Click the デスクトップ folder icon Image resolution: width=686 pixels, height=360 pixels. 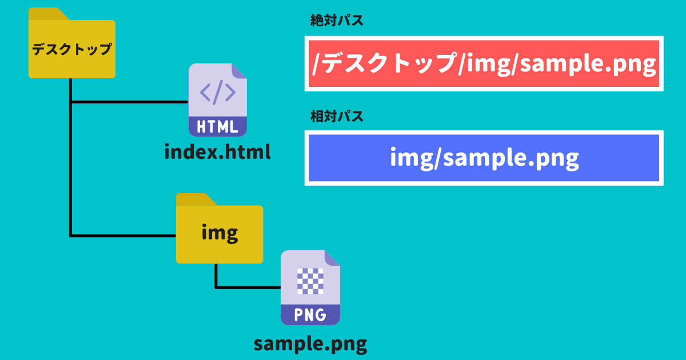tap(72, 43)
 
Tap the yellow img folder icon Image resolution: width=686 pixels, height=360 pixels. tap(220, 229)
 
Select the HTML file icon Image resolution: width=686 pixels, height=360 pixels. tap(218, 100)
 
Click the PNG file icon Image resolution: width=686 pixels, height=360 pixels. tap(310, 288)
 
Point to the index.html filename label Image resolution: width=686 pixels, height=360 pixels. tap(217, 152)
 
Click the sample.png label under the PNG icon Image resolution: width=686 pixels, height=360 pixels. tap(310, 345)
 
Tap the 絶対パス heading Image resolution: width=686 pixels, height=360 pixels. tap(337, 21)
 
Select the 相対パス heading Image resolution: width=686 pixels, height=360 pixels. tap(337, 117)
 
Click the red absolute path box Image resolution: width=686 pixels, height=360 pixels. tap(484, 63)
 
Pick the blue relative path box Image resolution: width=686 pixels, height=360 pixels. tap(484, 158)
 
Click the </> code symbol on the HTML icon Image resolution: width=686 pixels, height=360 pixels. tap(218, 92)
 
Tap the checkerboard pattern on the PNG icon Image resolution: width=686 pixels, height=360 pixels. tap(310, 281)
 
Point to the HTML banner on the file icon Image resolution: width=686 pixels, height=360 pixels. tap(218, 126)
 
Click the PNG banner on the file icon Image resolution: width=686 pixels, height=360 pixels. tap(310, 315)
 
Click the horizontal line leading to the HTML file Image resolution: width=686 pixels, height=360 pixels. tap(129, 102)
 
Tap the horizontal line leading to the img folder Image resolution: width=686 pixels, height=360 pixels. tap(123, 235)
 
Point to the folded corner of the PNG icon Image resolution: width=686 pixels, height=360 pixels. tap(332, 258)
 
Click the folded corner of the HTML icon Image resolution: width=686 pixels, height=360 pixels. tap(239, 71)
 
